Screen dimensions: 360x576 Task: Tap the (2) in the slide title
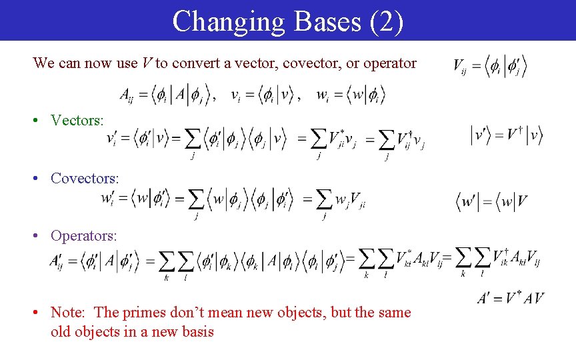click(x=385, y=21)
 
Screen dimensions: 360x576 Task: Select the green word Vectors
click(x=77, y=121)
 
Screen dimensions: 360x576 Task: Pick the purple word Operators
click(x=84, y=236)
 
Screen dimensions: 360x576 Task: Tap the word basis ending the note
click(x=195, y=331)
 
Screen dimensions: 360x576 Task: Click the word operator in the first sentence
click(x=389, y=64)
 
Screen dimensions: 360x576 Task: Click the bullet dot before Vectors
click(x=41, y=121)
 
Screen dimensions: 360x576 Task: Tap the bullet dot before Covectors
click(x=41, y=179)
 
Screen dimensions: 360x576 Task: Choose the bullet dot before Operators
click(x=41, y=237)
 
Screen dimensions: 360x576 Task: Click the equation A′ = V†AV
click(x=511, y=298)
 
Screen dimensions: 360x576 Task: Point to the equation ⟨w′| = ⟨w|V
click(x=493, y=200)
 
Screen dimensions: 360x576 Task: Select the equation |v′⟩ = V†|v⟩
click(x=507, y=135)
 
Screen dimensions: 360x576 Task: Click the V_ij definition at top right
click(x=490, y=66)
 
